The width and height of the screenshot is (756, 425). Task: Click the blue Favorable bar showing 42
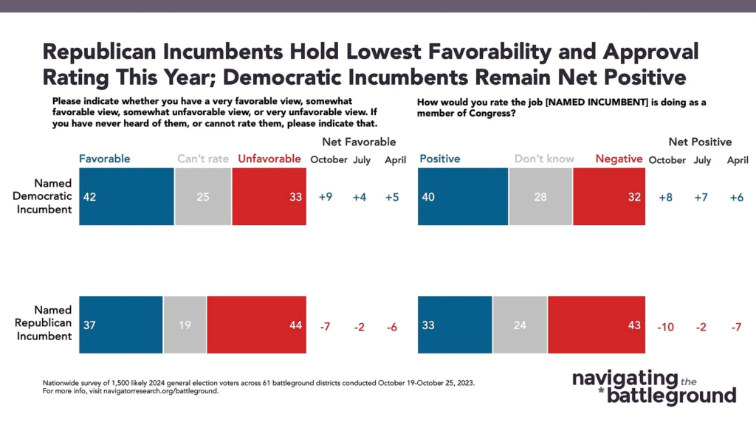[126, 196]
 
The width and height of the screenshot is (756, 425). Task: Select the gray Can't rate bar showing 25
[203, 196]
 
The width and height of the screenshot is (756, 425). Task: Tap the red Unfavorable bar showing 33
[269, 196]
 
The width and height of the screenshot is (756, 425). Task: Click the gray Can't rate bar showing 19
[185, 324]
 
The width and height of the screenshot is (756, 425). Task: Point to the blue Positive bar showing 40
[463, 196]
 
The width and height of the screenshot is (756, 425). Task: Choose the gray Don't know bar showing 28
[540, 196]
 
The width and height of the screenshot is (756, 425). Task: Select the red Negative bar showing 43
[597, 324]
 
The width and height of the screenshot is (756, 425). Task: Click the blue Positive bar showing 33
[455, 324]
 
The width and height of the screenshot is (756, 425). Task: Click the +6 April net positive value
[737, 198]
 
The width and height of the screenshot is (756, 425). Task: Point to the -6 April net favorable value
[391, 326]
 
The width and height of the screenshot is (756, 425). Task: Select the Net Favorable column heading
[359, 142]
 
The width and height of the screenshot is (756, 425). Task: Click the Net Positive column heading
[700, 142]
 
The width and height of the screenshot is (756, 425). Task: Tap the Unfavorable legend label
[270, 159]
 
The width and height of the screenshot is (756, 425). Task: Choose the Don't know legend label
[544, 159]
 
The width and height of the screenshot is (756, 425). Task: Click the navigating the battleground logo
[654, 387]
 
